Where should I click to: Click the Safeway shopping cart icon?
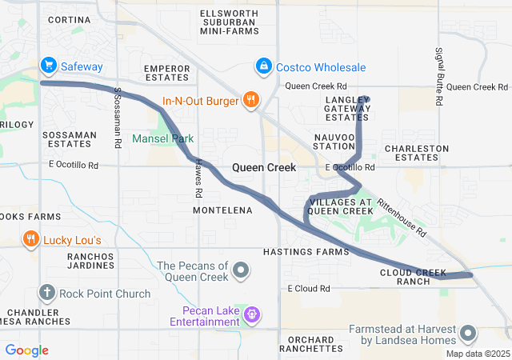coord(48,64)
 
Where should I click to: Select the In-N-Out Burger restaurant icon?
coord(250,100)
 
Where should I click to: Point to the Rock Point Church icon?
coord(47,293)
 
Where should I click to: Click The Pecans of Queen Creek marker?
coord(242,272)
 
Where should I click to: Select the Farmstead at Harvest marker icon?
coord(468,333)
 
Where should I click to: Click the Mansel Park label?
coord(163,138)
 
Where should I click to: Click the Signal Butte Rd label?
coord(438,77)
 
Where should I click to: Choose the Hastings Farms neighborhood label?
coord(306,252)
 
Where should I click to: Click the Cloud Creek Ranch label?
coord(413,277)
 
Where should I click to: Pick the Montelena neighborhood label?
coord(222,210)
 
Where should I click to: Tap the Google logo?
coord(26,350)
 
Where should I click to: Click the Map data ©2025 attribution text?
coord(477,354)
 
